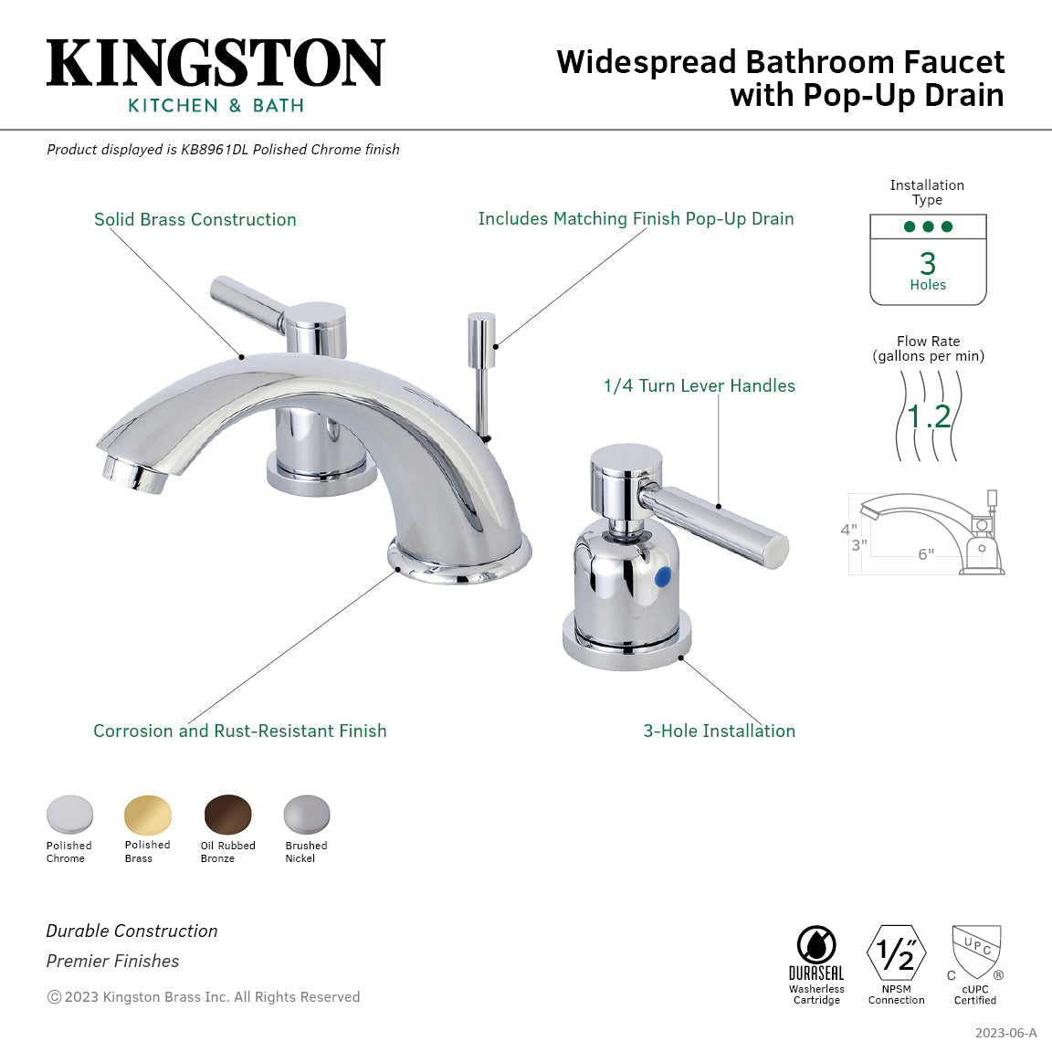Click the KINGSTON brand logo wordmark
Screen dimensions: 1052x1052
(x=216, y=64)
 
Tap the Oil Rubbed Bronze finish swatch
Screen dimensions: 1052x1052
(x=227, y=814)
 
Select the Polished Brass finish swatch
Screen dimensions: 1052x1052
(x=148, y=814)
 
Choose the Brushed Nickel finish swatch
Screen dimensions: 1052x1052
(x=306, y=814)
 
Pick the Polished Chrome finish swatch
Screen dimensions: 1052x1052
(x=70, y=814)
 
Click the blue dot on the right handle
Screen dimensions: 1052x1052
(x=664, y=577)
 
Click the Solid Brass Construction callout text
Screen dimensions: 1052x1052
(x=195, y=219)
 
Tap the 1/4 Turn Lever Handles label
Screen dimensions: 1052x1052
(x=699, y=385)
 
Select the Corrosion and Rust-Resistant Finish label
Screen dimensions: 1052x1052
(x=239, y=731)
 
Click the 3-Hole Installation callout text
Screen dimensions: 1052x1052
(x=719, y=731)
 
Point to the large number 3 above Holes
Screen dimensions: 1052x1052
(x=928, y=263)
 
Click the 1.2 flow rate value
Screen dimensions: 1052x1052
(x=929, y=416)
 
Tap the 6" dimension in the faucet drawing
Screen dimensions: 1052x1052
(x=926, y=554)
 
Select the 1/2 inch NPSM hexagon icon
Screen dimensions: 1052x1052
(x=896, y=953)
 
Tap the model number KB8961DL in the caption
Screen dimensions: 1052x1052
(x=215, y=150)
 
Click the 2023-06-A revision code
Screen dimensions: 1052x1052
(x=1005, y=1033)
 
